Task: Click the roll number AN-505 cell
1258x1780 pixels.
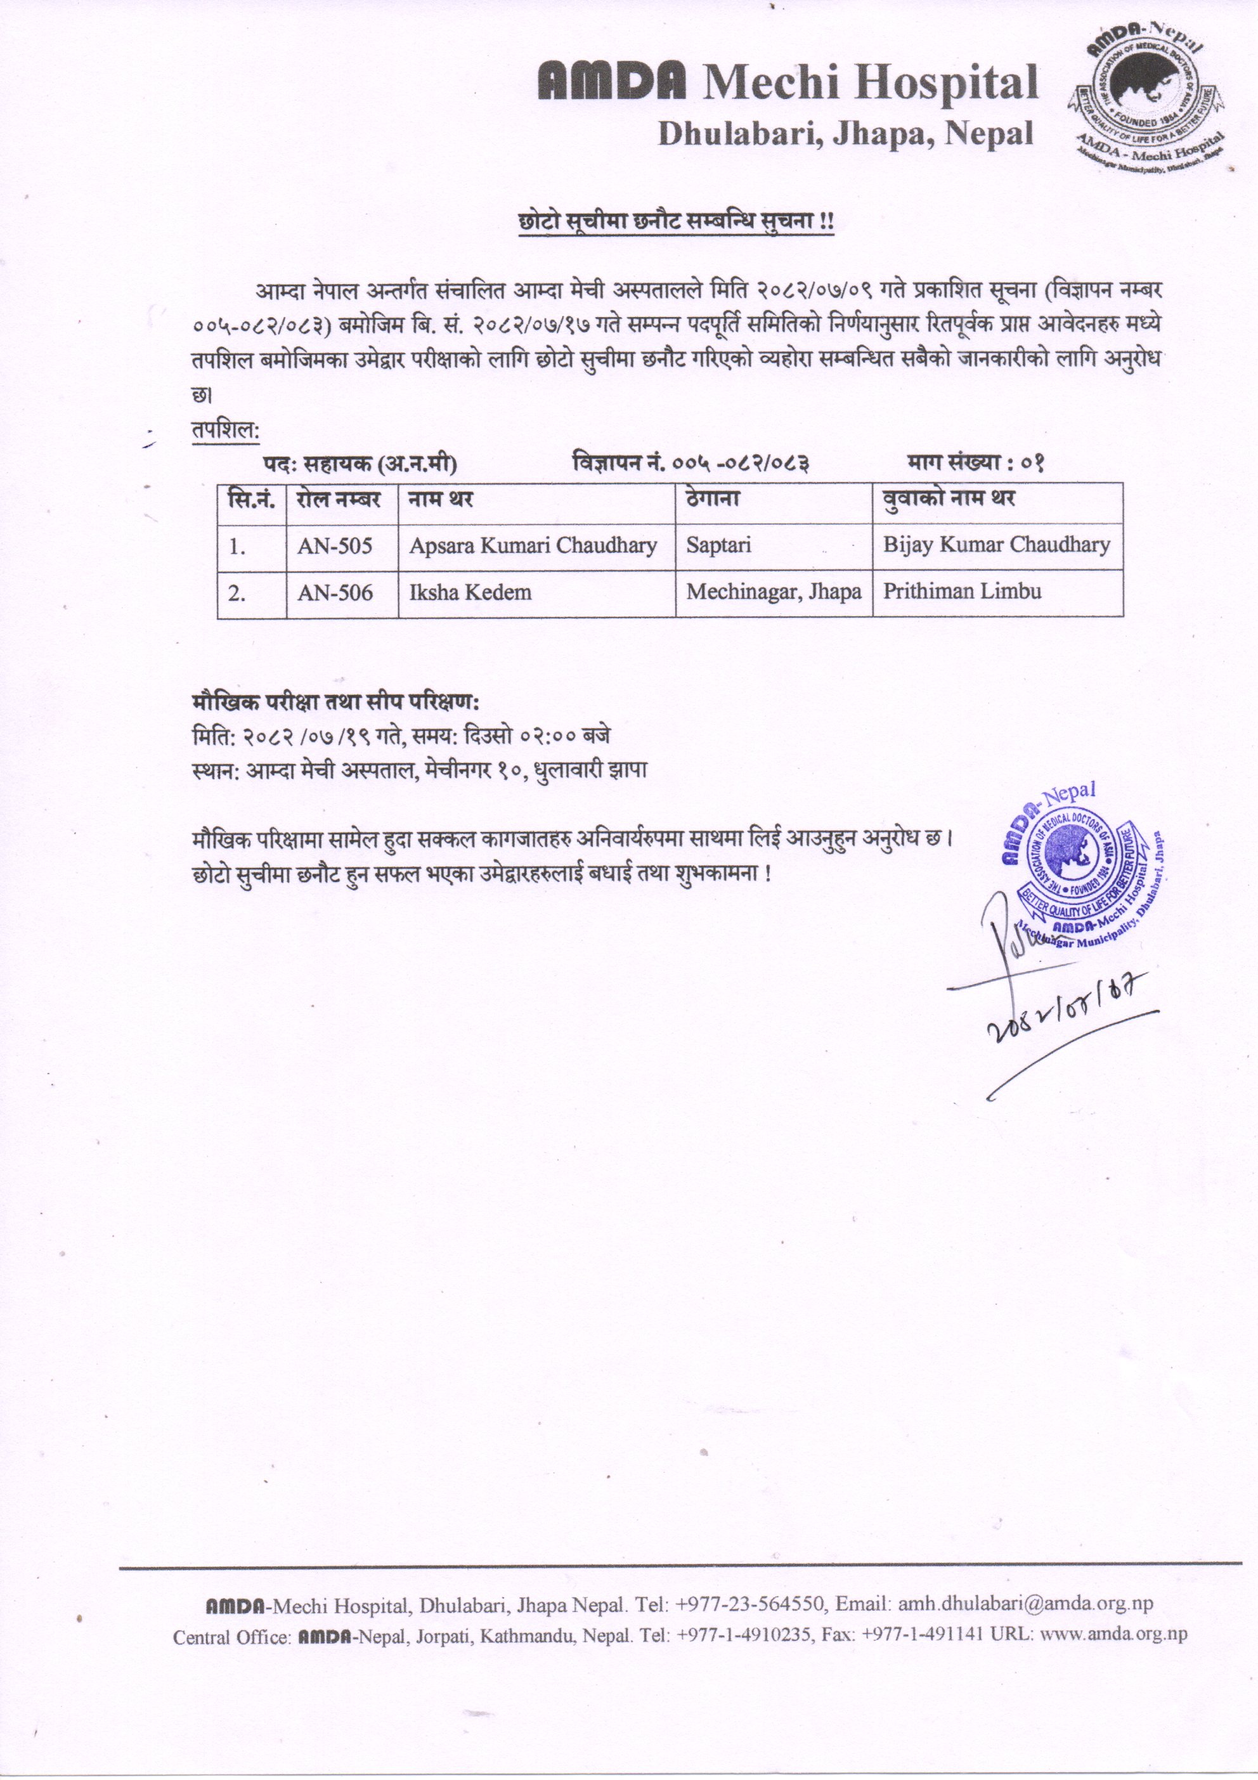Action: [x=335, y=547]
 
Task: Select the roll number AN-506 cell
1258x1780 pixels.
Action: [x=335, y=593]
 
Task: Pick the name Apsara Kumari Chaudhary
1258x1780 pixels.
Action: [x=533, y=546]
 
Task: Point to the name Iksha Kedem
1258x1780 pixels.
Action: [x=470, y=593]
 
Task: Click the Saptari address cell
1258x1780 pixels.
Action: [x=718, y=546]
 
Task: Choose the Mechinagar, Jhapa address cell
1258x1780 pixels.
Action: [x=774, y=592]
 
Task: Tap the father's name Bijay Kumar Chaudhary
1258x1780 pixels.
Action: [x=997, y=545]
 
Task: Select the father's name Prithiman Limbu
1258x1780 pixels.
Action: [x=962, y=592]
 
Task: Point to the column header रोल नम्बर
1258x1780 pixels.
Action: [x=338, y=499]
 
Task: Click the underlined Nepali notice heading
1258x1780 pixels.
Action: [x=676, y=223]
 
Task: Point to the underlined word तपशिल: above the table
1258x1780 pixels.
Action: [x=226, y=429]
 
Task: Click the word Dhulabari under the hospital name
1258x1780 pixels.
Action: [x=739, y=134]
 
